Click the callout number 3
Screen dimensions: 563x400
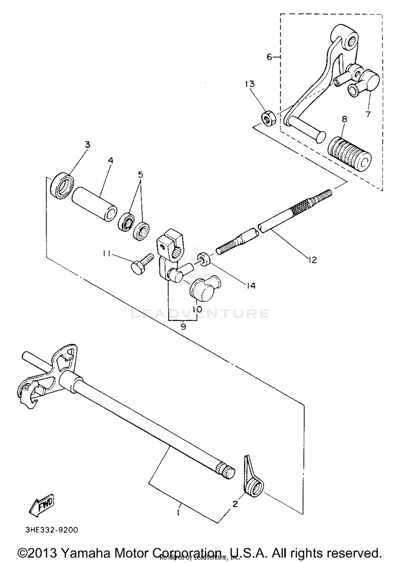click(x=87, y=145)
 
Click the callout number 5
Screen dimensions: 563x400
click(x=140, y=175)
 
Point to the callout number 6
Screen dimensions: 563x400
click(x=269, y=57)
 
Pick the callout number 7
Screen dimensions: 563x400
click(x=368, y=114)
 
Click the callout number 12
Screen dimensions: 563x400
click(x=312, y=259)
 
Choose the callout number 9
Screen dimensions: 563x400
click(x=183, y=327)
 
